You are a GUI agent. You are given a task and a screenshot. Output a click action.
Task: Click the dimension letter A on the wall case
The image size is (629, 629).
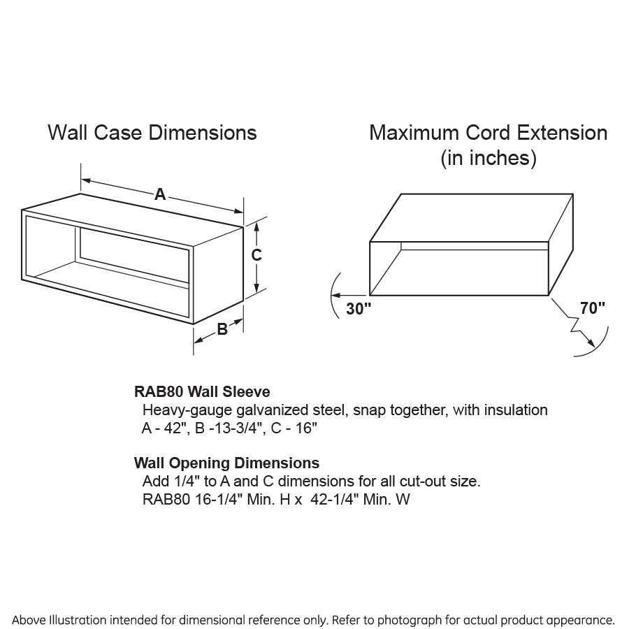tap(160, 195)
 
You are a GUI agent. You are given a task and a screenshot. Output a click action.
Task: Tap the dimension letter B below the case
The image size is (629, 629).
tap(222, 329)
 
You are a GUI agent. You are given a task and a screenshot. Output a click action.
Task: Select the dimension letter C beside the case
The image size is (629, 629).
tap(256, 255)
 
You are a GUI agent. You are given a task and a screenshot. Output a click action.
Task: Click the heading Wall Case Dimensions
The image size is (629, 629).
tap(152, 133)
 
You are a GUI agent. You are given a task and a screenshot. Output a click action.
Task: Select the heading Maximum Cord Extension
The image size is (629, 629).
tap(488, 133)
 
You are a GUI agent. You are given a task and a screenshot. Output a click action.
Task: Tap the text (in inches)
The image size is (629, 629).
tap(488, 159)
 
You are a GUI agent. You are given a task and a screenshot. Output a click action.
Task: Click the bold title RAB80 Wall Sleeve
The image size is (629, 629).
tap(202, 392)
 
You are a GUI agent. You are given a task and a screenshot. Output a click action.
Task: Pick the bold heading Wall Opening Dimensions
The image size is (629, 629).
tap(226, 463)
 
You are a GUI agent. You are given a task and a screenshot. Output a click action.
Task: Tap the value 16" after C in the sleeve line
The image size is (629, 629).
tap(305, 428)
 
